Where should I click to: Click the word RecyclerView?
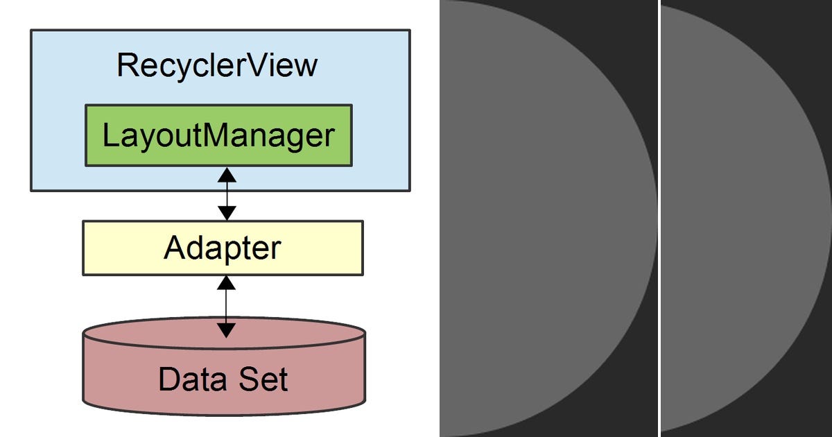(x=217, y=65)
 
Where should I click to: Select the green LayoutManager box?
(x=218, y=135)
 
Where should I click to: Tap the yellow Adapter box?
(x=223, y=248)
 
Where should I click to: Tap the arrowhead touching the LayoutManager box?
(x=227, y=175)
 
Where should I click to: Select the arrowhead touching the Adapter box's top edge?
(x=227, y=213)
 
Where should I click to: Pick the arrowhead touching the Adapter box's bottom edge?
(x=226, y=283)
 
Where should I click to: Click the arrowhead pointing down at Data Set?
(x=226, y=329)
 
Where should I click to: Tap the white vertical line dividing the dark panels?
(x=659, y=218)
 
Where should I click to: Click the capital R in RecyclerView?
(x=127, y=65)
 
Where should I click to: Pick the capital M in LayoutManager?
(x=215, y=135)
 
